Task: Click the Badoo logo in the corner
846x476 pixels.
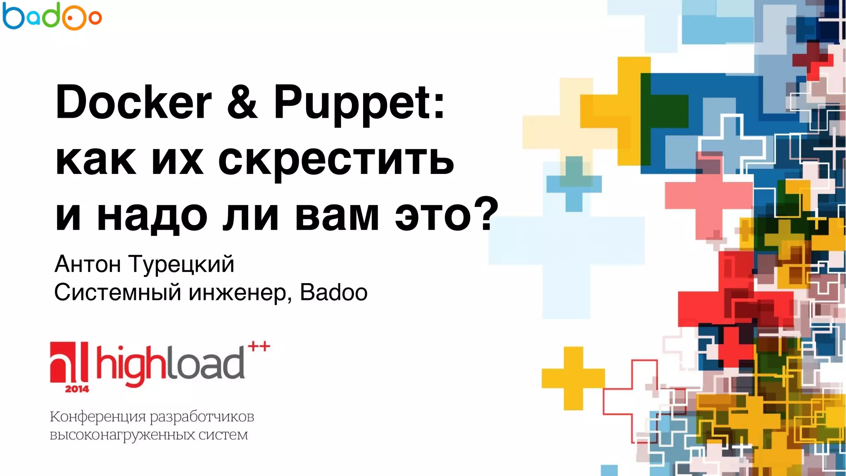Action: coord(52,17)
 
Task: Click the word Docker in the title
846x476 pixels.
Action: coord(133,102)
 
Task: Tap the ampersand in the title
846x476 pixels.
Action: coord(242,102)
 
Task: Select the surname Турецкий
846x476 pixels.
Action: coord(181,265)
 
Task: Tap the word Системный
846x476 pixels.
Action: coord(118,293)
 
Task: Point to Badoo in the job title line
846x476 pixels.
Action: coord(334,293)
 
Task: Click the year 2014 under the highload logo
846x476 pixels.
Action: coord(77,389)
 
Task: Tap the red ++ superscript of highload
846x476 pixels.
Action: coord(259,346)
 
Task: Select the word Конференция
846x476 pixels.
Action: coord(97,417)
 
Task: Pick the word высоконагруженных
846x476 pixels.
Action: coord(122,435)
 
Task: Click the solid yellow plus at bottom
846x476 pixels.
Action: coord(573,378)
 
